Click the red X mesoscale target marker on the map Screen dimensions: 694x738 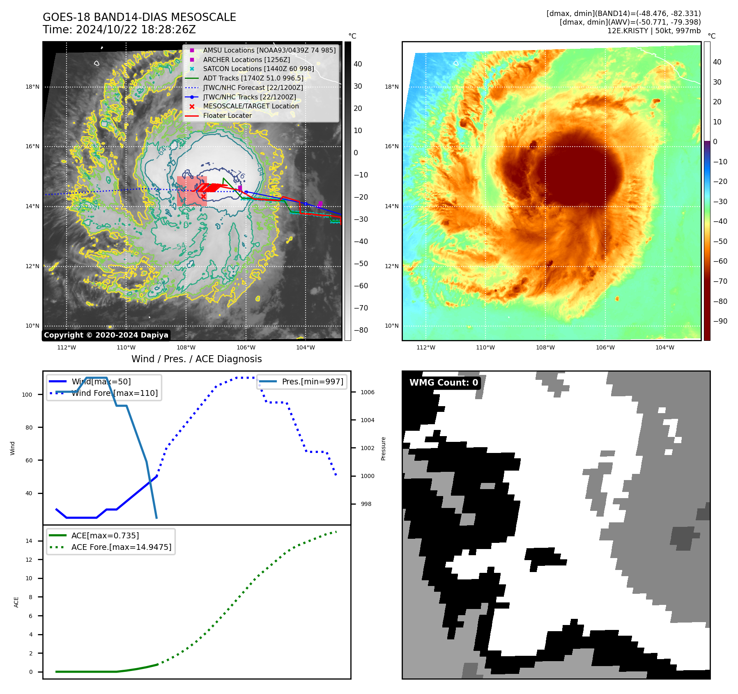pyautogui.click(x=203, y=196)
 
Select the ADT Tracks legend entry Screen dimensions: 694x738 pyautogui.click(x=253, y=78)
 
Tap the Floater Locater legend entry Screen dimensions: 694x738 pyautogui.click(x=227, y=115)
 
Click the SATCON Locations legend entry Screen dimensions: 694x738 pyautogui.click(x=258, y=69)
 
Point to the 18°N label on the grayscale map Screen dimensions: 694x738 pyautogui.click(x=32, y=87)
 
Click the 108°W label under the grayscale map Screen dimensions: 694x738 pyautogui.click(x=186, y=347)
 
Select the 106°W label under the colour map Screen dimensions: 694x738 pyautogui.click(x=605, y=347)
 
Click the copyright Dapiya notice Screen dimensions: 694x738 pyautogui.click(x=106, y=335)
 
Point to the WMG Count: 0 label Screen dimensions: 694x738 pyautogui.click(x=444, y=383)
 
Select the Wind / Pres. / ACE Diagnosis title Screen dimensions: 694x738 pyautogui.click(x=196, y=359)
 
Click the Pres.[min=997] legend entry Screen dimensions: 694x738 pyautogui.click(x=312, y=381)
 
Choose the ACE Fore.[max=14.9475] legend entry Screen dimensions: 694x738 pyautogui.click(x=121, y=547)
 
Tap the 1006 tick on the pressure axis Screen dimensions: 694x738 pyautogui.click(x=368, y=392)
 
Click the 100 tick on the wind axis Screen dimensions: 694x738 pyautogui.click(x=27, y=395)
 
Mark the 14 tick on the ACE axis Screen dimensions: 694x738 pyautogui.click(x=29, y=541)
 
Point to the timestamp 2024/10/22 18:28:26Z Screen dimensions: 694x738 pyautogui.click(x=136, y=30)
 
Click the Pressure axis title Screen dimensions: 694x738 pyautogui.click(x=383, y=448)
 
